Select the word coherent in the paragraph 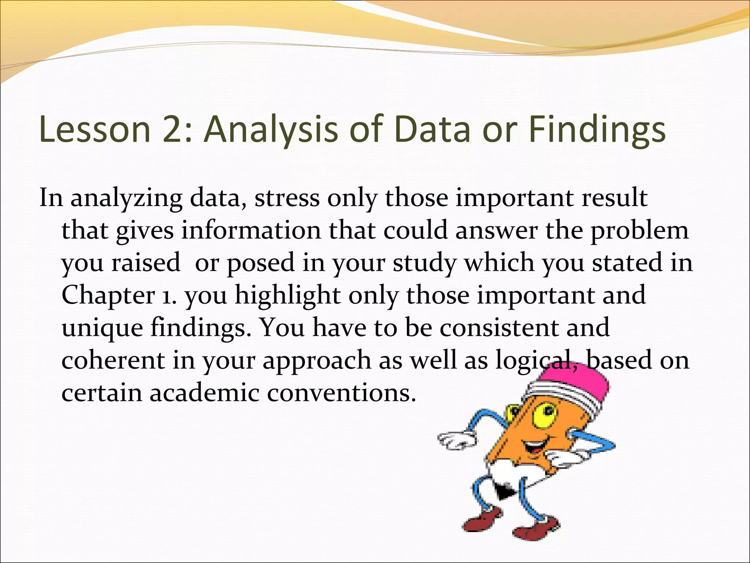113,360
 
